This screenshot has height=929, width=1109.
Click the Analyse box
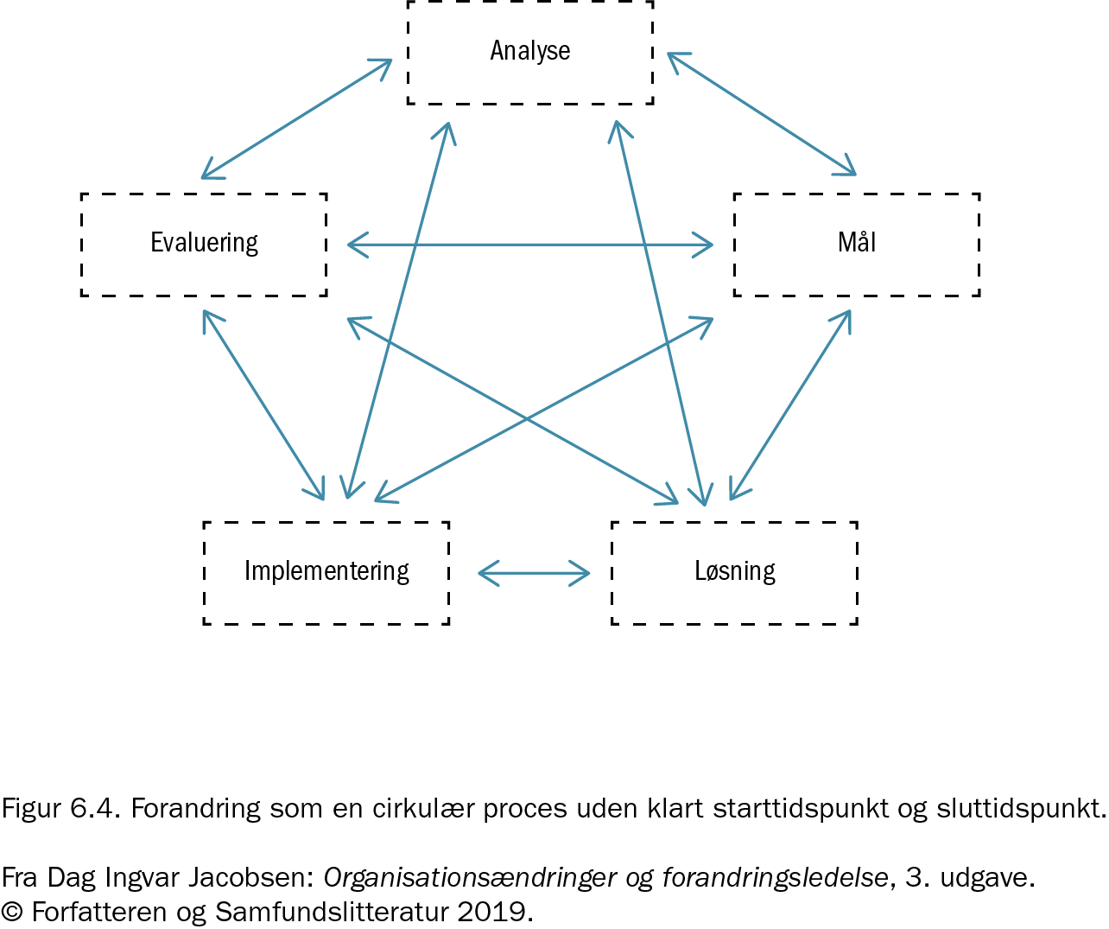(530, 52)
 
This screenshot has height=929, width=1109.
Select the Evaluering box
(204, 244)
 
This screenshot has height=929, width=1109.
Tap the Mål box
(857, 244)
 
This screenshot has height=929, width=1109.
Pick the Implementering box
(326, 572)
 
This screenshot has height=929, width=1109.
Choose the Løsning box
(734, 572)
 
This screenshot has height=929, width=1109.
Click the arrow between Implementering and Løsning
(534, 573)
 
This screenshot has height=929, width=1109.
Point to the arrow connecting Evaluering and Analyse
(296, 119)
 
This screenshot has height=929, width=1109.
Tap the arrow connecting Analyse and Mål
(762, 114)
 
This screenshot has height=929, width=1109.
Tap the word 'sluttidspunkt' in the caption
(1021, 809)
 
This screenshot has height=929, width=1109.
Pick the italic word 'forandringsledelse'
(775, 878)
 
